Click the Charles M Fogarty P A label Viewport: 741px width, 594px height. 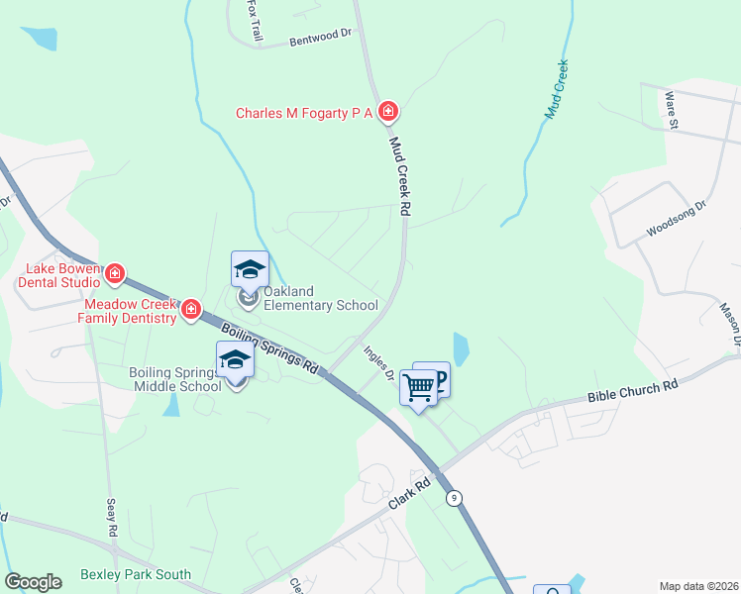pyautogui.click(x=304, y=113)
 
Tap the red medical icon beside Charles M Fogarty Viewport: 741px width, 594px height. pyautogui.click(x=389, y=112)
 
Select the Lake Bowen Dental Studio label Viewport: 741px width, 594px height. pyautogui.click(x=62, y=274)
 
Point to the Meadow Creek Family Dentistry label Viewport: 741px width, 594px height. pyautogui.click(x=131, y=312)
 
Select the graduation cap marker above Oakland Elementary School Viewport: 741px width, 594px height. pyautogui.click(x=250, y=269)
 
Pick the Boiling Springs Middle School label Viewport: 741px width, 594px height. pyautogui.click(x=175, y=379)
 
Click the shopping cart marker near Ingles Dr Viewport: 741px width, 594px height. pyautogui.click(x=419, y=387)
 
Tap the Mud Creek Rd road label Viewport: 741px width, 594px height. pyautogui.click(x=399, y=177)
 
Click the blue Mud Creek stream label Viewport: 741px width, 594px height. pyautogui.click(x=557, y=90)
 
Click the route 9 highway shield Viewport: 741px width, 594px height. pyautogui.click(x=455, y=497)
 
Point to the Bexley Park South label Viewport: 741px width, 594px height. pyautogui.click(x=135, y=575)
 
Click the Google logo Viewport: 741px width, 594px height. pyautogui.click(x=33, y=582)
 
